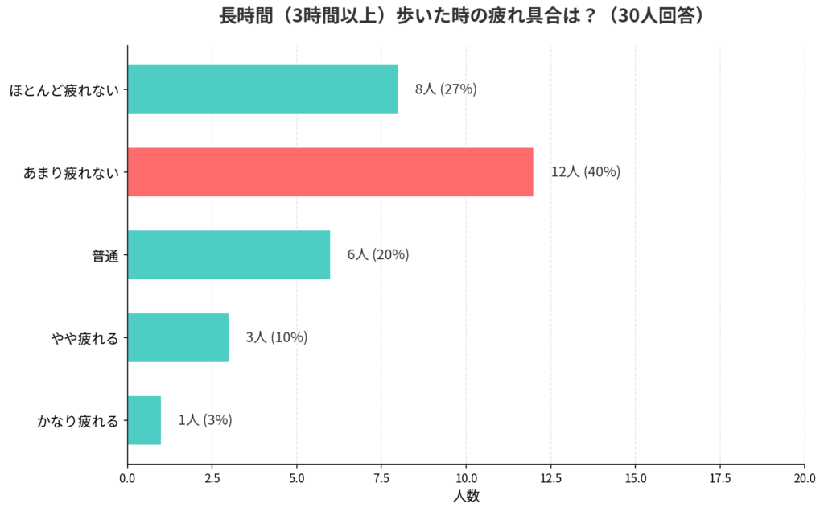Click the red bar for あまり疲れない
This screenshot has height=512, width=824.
[x=330, y=172]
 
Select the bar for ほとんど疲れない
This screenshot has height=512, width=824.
[x=262, y=89]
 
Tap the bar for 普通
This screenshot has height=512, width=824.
[x=229, y=255]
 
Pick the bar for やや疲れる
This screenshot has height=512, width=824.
[x=178, y=337]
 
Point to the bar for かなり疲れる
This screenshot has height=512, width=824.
[x=144, y=420]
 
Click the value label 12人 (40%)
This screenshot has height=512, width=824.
[x=586, y=172]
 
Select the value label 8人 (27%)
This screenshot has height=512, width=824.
[x=446, y=89]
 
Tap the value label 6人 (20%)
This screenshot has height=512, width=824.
[x=378, y=255]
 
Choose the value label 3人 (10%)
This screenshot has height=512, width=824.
[x=276, y=337]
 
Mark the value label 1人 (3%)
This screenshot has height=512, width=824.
[x=205, y=420]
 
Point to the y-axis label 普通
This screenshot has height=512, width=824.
[x=105, y=255]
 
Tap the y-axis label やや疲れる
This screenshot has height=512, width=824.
[x=84, y=338]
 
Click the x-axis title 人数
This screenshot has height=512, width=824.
[x=466, y=496]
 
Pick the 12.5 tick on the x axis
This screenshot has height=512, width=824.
[x=550, y=477]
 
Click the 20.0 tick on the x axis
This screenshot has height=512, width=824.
[x=805, y=477]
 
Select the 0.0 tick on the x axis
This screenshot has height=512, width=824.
[x=127, y=477]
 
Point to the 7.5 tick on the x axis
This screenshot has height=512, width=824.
[x=381, y=477]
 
